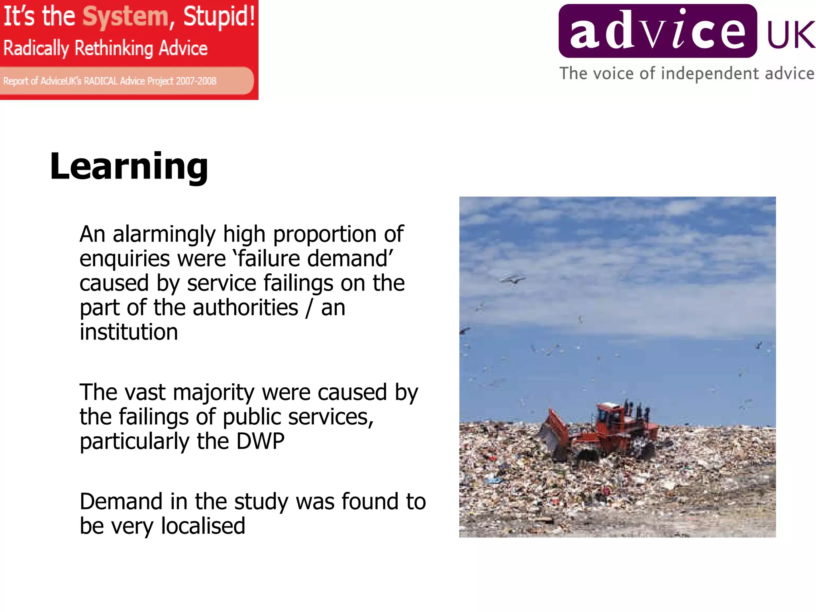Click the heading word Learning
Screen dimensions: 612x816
point(129,167)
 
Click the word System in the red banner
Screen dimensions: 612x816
point(126,17)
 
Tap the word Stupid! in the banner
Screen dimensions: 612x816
point(219,17)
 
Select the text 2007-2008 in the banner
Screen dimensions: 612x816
point(196,81)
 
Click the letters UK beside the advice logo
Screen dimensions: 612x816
point(790,35)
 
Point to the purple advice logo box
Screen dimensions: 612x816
point(657,31)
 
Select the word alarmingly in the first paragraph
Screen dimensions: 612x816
point(164,234)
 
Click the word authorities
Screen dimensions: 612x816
point(245,308)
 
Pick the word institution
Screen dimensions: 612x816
point(129,332)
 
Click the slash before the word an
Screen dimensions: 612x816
point(309,308)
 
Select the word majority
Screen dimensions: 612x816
point(214,393)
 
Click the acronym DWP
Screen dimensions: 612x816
point(260,441)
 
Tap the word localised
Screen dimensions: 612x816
point(203,526)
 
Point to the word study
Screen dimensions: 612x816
point(261,502)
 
